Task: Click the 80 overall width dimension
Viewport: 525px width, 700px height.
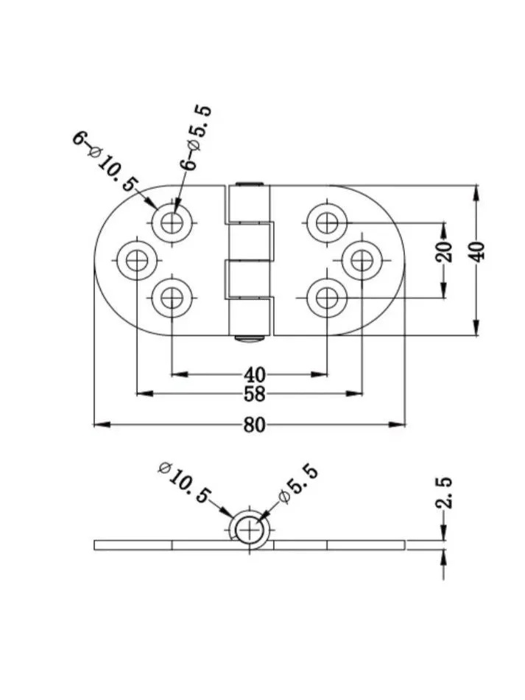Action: click(x=254, y=424)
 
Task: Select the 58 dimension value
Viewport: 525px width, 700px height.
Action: click(x=254, y=393)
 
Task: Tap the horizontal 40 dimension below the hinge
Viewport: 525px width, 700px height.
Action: click(x=254, y=374)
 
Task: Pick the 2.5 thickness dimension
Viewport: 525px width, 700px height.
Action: click(x=444, y=493)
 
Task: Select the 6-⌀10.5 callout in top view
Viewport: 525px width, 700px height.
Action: click(x=106, y=161)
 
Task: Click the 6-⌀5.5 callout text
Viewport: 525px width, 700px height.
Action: click(x=194, y=138)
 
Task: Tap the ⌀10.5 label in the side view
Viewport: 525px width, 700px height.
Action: click(x=184, y=483)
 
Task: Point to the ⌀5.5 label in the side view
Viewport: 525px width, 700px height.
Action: click(x=298, y=483)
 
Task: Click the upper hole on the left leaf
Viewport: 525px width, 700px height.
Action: click(x=172, y=222)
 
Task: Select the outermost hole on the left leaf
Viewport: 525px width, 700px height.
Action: click(x=137, y=260)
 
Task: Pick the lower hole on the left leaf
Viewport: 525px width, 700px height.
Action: click(x=172, y=298)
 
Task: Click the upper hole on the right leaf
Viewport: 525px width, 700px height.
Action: click(x=327, y=222)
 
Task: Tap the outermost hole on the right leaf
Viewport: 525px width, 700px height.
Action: click(x=362, y=260)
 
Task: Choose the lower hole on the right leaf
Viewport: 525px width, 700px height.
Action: click(x=327, y=298)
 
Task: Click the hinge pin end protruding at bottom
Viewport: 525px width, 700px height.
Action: click(x=250, y=339)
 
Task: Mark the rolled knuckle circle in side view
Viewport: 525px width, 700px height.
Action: click(x=250, y=531)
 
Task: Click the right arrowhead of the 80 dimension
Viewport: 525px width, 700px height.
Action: click(x=397, y=424)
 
